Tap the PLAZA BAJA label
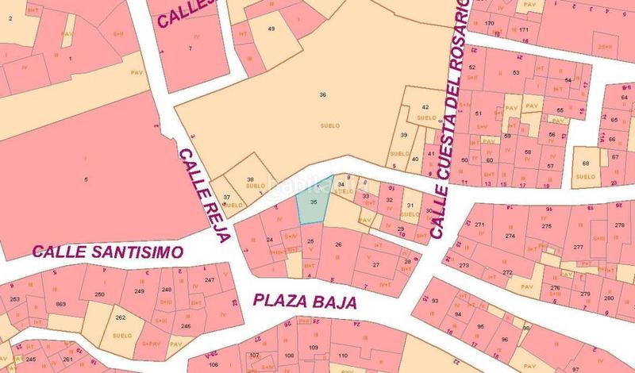pyautogui.click(x=306, y=302)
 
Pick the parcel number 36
pyautogui.click(x=322, y=94)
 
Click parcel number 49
pyautogui.click(x=271, y=29)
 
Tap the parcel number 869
pyautogui.click(x=61, y=305)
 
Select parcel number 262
pyautogui.click(x=120, y=317)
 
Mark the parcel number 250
pyautogui.click(x=99, y=294)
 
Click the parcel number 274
pyautogui.click(x=510, y=236)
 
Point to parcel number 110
pyautogui.click(x=343, y=356)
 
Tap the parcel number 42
pyautogui.click(x=425, y=106)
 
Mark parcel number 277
pyautogui.click(x=578, y=248)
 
